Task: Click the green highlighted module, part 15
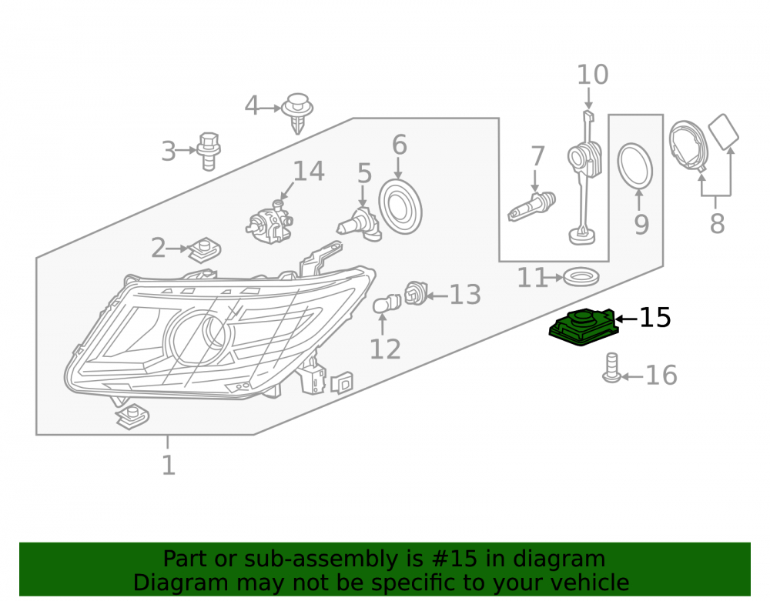click(582, 327)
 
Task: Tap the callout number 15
click(655, 317)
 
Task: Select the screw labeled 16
click(612, 368)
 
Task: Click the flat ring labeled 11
click(581, 277)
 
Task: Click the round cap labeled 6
click(400, 206)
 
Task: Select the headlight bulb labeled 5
click(359, 225)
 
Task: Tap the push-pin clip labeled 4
click(297, 112)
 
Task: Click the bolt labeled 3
click(209, 151)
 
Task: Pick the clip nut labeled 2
click(204, 250)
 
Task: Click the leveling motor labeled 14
click(269, 223)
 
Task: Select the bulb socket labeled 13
click(416, 293)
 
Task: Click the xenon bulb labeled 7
click(531, 206)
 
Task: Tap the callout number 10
click(593, 75)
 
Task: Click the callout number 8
click(717, 223)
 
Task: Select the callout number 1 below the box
click(168, 465)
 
